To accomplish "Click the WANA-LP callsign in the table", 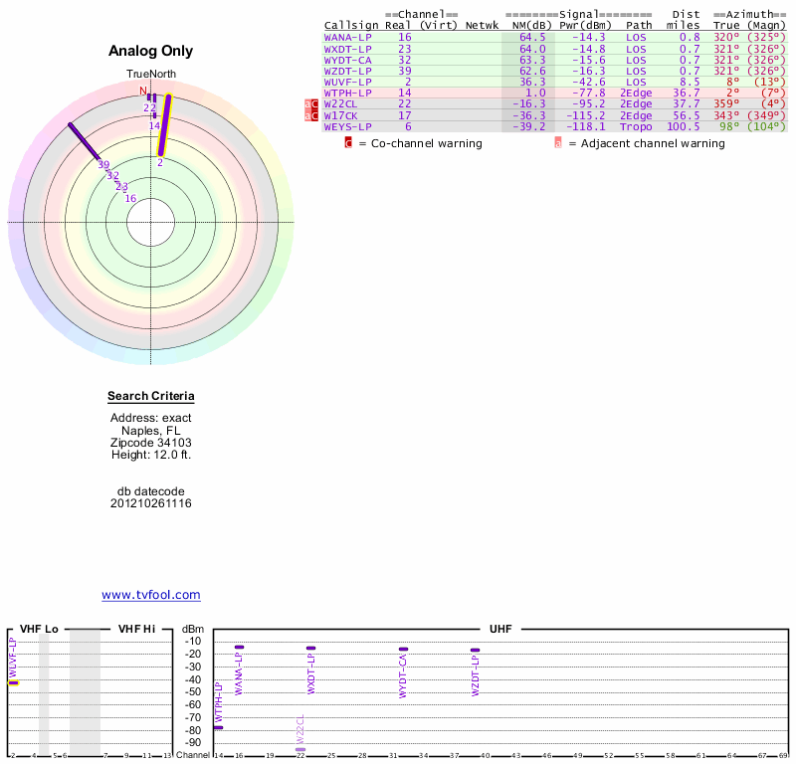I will pos(346,37).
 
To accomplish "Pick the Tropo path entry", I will pos(636,126).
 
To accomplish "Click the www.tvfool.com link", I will pos(151,595).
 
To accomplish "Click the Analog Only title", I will pos(151,51).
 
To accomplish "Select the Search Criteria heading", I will pos(151,397).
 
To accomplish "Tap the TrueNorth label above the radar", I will pos(151,75).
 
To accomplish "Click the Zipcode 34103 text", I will pos(151,443).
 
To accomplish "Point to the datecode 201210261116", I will pos(151,503).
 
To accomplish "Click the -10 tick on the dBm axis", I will pos(193,642).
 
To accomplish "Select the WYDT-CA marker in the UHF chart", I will pos(403,650).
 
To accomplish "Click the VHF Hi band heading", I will pos(136,629).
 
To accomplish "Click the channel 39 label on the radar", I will pos(103,165).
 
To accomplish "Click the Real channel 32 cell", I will pos(404,60).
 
